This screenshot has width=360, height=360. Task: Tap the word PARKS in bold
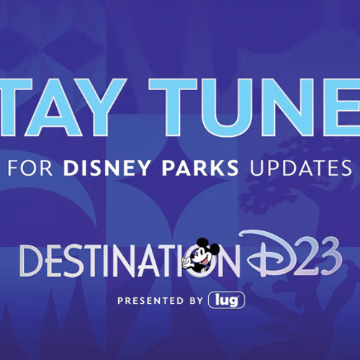[200, 167]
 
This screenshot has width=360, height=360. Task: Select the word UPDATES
[301, 167]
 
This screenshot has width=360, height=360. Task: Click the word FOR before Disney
[30, 167]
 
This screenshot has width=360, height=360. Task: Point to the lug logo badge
[226, 300]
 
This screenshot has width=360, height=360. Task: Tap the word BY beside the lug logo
[196, 301]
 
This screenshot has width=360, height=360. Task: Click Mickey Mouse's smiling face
[201, 256]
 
